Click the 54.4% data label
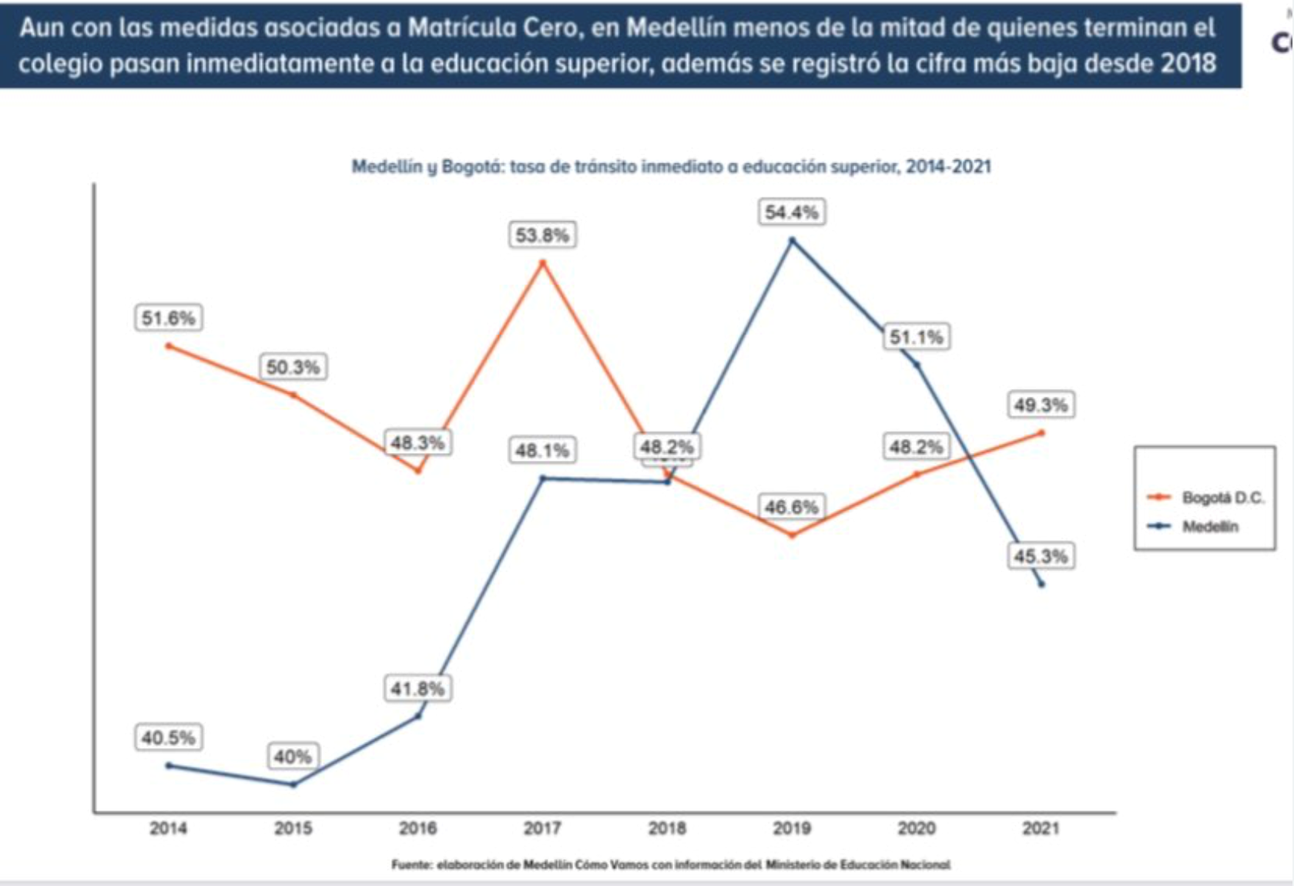point(792,213)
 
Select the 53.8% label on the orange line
point(542,235)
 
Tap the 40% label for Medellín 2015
point(293,757)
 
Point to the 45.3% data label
point(1041,556)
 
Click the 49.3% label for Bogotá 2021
point(1041,405)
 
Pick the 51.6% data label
point(169,318)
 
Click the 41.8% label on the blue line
point(417,688)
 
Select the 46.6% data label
point(792,507)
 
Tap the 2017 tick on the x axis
point(542,829)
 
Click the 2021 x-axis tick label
point(1041,829)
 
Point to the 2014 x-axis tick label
point(169,829)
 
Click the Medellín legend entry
point(1210,527)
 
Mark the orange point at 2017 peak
point(542,263)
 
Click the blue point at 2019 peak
point(792,240)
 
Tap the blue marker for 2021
point(1041,584)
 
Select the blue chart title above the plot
point(671,166)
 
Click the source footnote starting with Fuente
point(671,864)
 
